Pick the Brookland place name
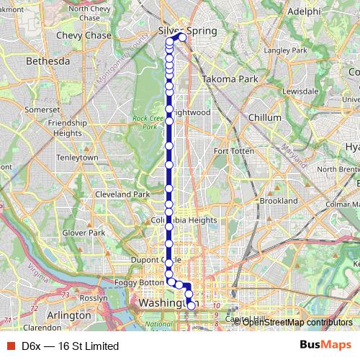(x=279, y=200)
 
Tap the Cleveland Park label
(x=122, y=194)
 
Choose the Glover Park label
(x=84, y=233)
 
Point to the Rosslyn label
(x=93, y=297)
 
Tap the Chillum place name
(x=264, y=117)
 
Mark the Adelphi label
(x=302, y=12)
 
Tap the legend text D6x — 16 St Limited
(x=70, y=346)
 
